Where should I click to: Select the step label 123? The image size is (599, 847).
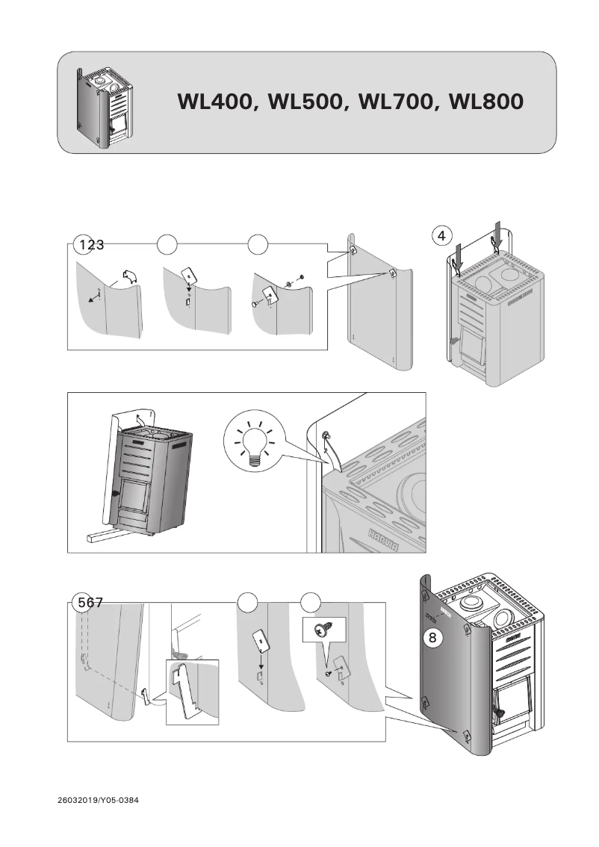90,244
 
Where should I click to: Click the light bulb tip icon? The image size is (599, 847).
255,445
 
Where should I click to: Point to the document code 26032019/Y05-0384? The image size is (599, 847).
98,801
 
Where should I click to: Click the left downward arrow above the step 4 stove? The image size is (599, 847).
459,256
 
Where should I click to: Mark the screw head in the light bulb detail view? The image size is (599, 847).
326,435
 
